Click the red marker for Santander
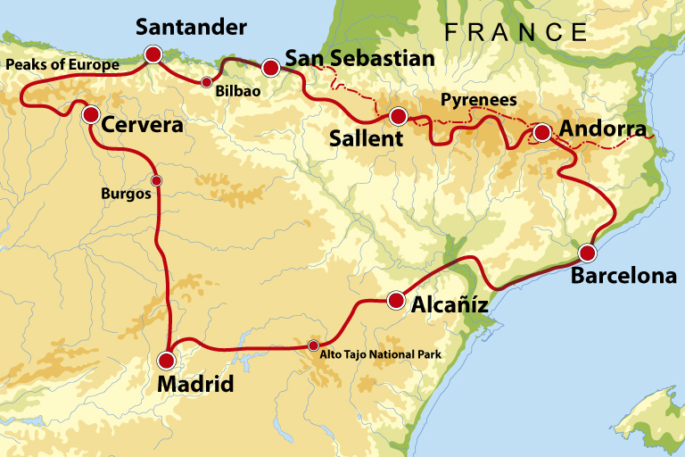153,55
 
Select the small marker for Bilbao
207,83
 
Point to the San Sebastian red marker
270,65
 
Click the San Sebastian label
359,59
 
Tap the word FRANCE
516,32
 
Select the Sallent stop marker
398,116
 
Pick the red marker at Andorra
541,134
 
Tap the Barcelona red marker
588,252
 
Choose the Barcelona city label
623,276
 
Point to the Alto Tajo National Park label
381,354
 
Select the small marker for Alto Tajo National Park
313,346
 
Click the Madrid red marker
166,361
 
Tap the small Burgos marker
156,181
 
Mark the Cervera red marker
91,114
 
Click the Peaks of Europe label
62,65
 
